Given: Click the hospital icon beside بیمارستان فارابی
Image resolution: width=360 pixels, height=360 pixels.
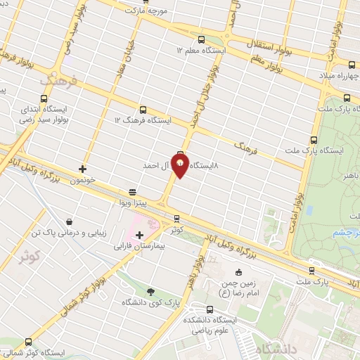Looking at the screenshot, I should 139,235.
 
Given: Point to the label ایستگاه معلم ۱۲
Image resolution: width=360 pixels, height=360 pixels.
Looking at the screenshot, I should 202,51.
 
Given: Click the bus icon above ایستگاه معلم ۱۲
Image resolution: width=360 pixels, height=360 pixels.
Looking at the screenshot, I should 202,40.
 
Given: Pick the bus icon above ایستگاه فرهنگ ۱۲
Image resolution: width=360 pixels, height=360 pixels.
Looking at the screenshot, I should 143,110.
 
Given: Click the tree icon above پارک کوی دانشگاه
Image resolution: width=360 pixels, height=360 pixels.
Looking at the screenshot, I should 150,291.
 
